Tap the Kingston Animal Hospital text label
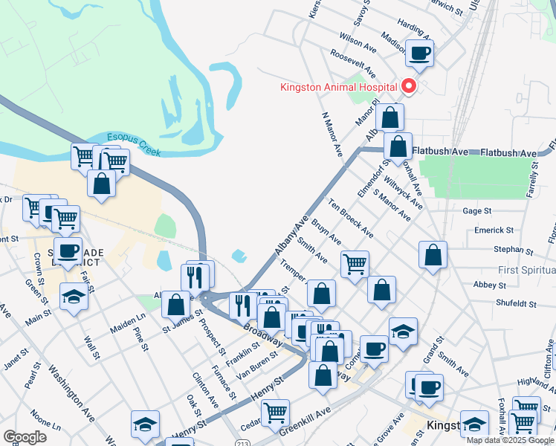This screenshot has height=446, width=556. pyautogui.click(x=338, y=87)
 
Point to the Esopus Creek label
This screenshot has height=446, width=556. pyautogui.click(x=134, y=143)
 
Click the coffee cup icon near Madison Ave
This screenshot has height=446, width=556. pyautogui.click(x=420, y=53)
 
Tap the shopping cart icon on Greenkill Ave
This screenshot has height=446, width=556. pyautogui.click(x=275, y=412)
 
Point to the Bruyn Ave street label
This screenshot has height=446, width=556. pyautogui.click(x=326, y=231)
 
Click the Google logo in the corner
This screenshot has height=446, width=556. pyautogui.click(x=25, y=437)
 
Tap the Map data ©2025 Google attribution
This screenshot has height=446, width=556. pyautogui.click(x=510, y=440)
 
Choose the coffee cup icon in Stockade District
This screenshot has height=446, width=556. pyautogui.click(x=68, y=251)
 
